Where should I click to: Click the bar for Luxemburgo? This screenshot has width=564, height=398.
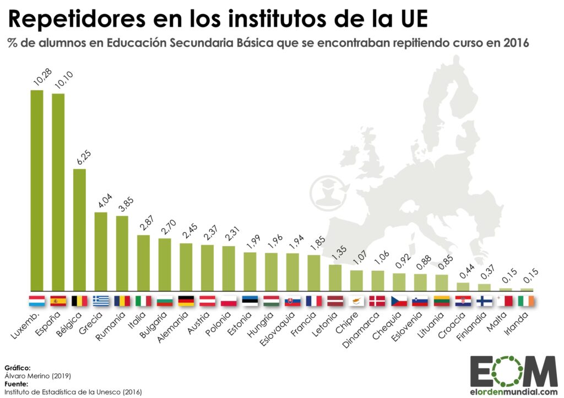(x=37, y=190)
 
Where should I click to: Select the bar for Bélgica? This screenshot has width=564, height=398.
(x=79, y=229)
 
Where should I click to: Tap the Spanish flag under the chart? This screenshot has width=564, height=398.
(x=58, y=301)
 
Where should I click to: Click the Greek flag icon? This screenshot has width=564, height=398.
(x=101, y=301)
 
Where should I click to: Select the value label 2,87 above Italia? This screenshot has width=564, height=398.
(x=145, y=223)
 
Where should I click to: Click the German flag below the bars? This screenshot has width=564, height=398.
(x=186, y=301)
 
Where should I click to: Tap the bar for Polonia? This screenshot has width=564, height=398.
(x=229, y=268)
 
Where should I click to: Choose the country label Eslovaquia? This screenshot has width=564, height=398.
(x=283, y=326)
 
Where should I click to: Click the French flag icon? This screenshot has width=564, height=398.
(x=314, y=301)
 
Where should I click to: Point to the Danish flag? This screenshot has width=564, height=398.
(x=378, y=301)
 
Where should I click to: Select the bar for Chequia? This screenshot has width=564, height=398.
(x=399, y=281)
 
